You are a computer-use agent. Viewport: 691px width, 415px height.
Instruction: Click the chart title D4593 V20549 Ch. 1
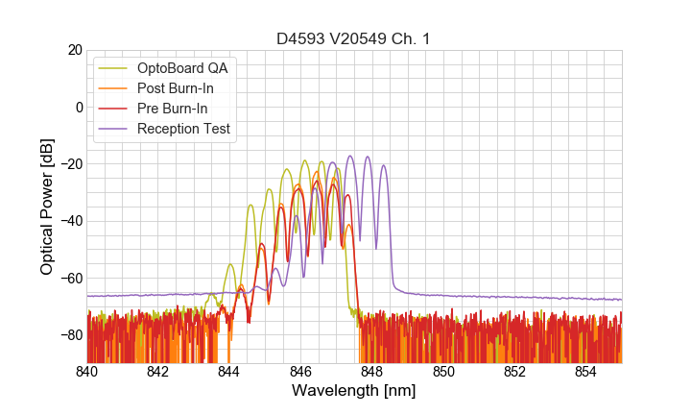[354, 38]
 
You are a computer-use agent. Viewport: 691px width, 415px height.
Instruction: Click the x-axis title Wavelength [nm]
[354, 392]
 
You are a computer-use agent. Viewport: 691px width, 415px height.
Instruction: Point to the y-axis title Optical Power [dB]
[47, 207]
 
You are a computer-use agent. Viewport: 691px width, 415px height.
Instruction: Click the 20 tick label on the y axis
[74, 50]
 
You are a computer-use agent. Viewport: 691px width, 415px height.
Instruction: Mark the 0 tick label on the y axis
[79, 107]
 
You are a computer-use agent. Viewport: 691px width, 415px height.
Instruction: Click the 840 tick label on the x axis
[87, 371]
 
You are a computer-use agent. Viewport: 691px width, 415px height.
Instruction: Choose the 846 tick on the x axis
[300, 371]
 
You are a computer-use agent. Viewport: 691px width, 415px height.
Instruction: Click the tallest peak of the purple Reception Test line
[350, 156]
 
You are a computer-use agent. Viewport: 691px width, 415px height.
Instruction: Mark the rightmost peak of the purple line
[384, 165]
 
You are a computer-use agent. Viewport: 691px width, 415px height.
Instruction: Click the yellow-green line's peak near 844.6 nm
[250, 205]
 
